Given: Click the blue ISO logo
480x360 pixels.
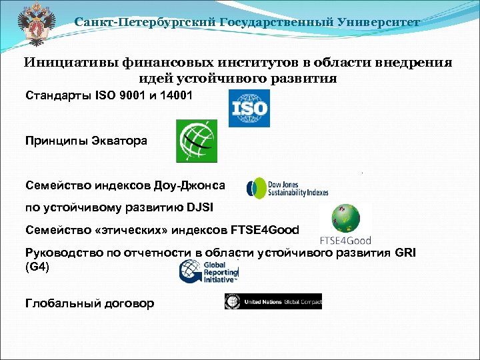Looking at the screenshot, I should (x=249, y=108).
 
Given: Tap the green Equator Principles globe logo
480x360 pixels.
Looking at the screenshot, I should (x=196, y=141).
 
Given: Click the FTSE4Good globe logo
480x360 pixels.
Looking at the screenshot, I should (x=345, y=223).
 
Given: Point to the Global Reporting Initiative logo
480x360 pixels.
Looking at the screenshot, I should (x=209, y=271).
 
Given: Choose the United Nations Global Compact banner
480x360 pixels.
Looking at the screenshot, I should (x=273, y=301).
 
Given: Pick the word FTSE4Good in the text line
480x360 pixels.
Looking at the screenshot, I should (x=265, y=230).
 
